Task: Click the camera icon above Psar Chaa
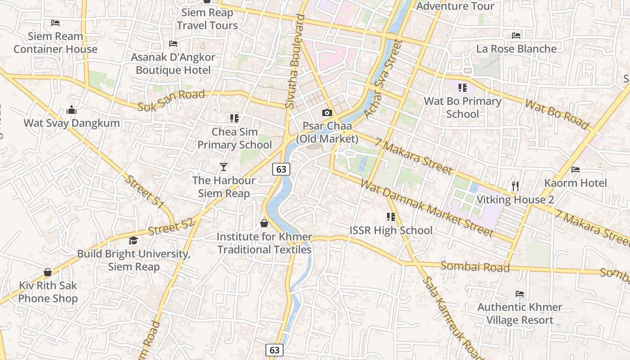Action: coord(327,113)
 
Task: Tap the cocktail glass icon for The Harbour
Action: coord(223,167)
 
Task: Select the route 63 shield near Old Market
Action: coord(281,169)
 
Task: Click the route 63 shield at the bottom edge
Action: coord(274,350)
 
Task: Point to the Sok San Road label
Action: coord(171,100)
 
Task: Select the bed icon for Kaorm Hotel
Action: coord(575,170)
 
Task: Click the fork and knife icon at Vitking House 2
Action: coord(515,185)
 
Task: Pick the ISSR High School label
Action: coord(391,230)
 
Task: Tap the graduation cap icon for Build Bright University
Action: coord(133,241)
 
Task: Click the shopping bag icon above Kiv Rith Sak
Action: coord(48,272)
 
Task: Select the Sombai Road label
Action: coord(475,267)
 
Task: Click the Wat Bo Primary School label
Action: coord(463,108)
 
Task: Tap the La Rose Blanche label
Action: coord(516,49)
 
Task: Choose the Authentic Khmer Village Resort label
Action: coord(520,314)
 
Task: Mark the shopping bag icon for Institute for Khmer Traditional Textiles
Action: coord(264,223)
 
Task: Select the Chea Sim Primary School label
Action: coord(234,138)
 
